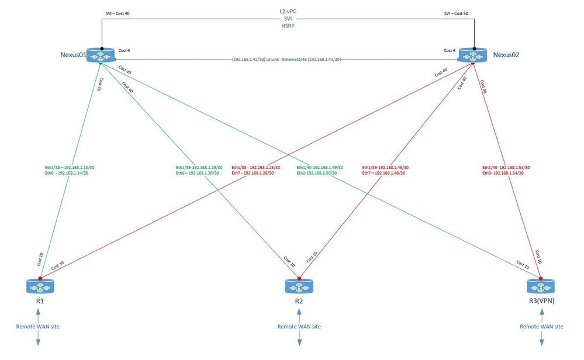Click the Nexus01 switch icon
tap(101, 55)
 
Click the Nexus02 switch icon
tap(473, 55)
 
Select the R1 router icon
tap(40, 286)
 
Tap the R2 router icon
tap(299, 286)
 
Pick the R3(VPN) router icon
tap(541, 286)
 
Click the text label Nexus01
tap(74, 55)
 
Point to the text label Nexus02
tap(506, 55)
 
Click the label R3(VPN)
tap(541, 301)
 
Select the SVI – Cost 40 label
tap(118, 13)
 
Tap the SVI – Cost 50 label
tap(456, 13)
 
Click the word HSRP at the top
tap(288, 26)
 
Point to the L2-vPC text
tap(288, 12)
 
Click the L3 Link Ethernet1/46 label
tap(286, 59)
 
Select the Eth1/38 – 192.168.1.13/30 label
tap(70, 168)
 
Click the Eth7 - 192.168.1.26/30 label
tap(253, 173)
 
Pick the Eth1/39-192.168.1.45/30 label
tap(385, 168)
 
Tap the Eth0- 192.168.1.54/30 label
tap(503, 173)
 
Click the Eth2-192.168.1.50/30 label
tap(317, 173)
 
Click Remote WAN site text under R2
tap(299, 327)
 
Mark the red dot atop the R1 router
tap(40, 278)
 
